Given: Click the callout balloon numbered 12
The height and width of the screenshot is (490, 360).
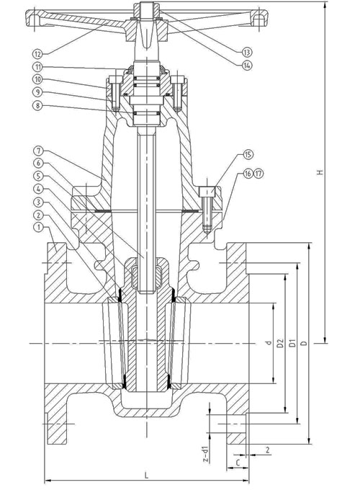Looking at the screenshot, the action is [x=37, y=54].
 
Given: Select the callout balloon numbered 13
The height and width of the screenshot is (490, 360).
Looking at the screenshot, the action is [x=247, y=52].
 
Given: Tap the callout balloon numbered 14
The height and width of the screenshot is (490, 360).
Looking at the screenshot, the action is [x=247, y=65].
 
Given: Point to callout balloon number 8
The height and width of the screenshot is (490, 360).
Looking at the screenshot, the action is [x=37, y=105].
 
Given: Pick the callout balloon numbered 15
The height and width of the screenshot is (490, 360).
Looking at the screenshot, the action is [x=248, y=154].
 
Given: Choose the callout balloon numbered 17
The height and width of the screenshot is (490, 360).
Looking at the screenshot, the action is [x=258, y=174].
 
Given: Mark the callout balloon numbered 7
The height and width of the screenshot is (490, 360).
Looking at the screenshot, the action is [x=38, y=151].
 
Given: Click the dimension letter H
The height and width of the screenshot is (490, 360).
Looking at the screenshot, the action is [x=320, y=172].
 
